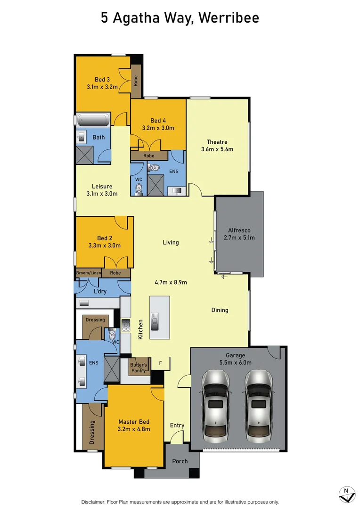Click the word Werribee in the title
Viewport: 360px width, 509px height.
(x=229, y=18)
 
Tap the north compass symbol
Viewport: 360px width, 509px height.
(x=347, y=494)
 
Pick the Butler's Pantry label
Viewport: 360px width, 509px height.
(x=139, y=368)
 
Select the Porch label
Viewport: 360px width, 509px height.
(x=180, y=461)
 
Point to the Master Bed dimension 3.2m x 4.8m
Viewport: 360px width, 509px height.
(x=134, y=429)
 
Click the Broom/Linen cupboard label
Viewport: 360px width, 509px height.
(x=89, y=273)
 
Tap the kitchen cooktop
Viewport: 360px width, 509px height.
(x=126, y=325)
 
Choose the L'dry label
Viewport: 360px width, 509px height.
(x=100, y=291)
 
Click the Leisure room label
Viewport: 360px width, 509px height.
(x=102, y=186)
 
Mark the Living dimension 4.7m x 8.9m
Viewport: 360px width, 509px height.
(x=171, y=283)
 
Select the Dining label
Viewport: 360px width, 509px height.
(x=220, y=310)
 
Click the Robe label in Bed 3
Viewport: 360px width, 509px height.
(x=135, y=81)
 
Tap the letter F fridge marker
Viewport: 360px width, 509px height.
(x=160, y=363)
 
